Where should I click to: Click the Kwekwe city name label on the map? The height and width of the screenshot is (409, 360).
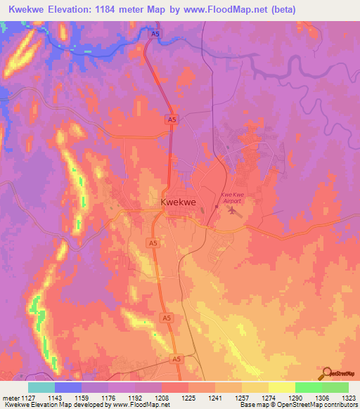point(178,202)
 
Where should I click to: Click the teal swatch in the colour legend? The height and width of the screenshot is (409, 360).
point(41,387)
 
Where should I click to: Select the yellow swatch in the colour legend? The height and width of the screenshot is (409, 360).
point(281,387)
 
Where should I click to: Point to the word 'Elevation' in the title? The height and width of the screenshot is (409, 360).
point(79,9)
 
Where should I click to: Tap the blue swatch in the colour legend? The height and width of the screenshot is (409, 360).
point(68,387)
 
